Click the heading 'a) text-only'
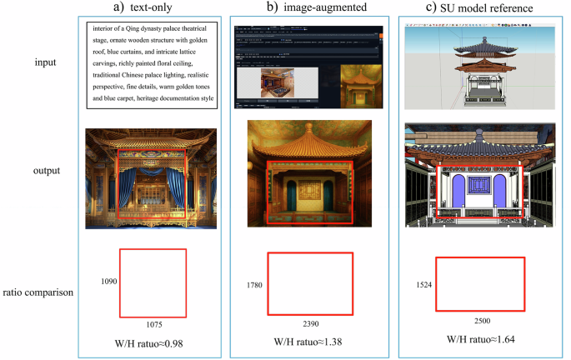pos(151,9)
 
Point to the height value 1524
pos(425,284)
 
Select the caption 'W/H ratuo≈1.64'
pos(482,342)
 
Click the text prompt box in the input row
pos(151,63)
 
